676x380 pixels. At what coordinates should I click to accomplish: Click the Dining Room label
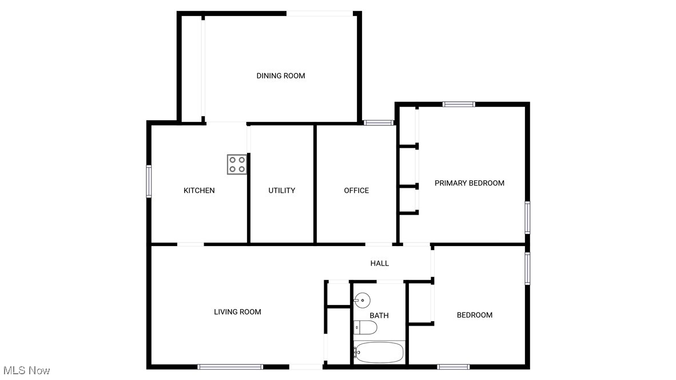tap(280, 76)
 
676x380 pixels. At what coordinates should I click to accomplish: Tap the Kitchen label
tap(199, 191)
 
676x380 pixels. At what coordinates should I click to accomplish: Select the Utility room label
tap(281, 191)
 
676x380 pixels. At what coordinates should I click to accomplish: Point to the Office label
tap(356, 191)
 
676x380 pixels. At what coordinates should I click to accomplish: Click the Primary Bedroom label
tap(470, 183)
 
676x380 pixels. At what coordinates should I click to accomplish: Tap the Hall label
tap(380, 263)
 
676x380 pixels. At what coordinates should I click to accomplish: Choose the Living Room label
tap(237, 312)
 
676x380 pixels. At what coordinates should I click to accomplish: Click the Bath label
tap(379, 315)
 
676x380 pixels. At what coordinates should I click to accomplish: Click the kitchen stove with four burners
tap(237, 164)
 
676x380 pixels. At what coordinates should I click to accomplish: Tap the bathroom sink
tap(362, 299)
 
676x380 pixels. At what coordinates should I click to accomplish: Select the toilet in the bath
tap(365, 327)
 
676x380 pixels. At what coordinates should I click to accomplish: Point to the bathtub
tap(379, 352)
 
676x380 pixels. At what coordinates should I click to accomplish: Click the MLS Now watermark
tap(26, 371)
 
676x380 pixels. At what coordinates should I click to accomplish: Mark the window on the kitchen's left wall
tap(149, 181)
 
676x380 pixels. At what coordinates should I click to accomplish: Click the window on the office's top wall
tap(379, 122)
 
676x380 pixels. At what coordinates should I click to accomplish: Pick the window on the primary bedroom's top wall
tap(459, 104)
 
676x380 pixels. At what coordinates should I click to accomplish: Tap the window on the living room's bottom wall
tap(230, 366)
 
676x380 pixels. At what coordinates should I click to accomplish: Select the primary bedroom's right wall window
tap(527, 217)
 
